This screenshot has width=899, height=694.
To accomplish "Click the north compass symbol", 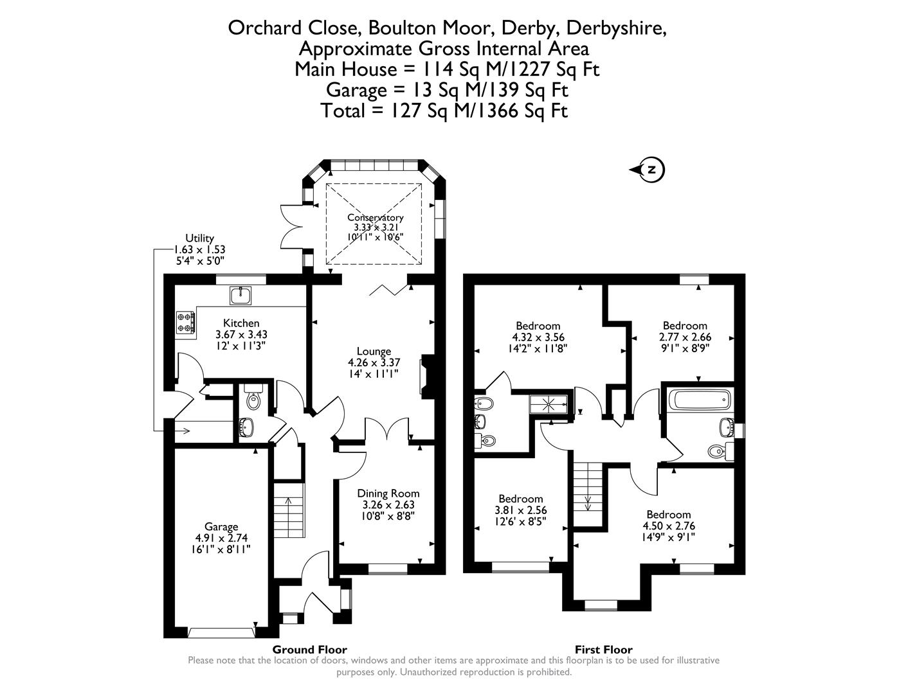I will (x=649, y=170).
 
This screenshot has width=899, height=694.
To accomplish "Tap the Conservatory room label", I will (x=375, y=218).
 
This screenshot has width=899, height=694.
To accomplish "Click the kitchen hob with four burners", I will (x=186, y=323).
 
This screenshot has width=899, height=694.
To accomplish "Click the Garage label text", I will (x=221, y=526).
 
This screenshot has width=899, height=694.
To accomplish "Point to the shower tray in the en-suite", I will (x=549, y=404).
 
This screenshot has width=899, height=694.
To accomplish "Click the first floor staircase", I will (x=587, y=495).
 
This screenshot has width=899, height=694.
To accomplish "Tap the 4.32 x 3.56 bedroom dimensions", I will (x=538, y=337).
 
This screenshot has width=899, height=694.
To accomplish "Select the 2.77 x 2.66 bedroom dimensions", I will (x=685, y=337).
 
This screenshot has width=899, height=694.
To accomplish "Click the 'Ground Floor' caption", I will (x=309, y=650).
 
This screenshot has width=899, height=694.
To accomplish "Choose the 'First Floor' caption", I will (x=603, y=650).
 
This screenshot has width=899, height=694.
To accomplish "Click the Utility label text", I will (x=199, y=238).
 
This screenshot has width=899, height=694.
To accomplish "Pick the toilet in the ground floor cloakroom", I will (x=253, y=400).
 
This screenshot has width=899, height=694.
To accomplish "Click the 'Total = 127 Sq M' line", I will (x=444, y=111).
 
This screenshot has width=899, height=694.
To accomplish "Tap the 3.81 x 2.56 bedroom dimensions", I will (x=520, y=510).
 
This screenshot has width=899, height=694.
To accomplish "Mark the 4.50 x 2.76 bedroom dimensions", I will (x=669, y=526).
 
